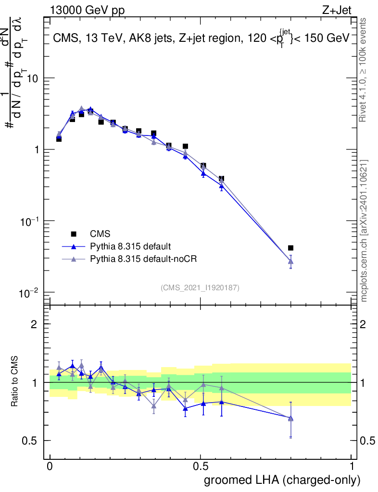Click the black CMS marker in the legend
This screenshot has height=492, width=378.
click(74, 234)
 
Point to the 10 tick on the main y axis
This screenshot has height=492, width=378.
click(33, 78)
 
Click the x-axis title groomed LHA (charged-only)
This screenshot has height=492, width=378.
click(282, 480)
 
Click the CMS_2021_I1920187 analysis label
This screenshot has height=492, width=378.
click(200, 287)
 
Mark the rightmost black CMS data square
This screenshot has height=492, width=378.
click(290, 248)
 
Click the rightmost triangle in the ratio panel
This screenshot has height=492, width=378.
click(290, 418)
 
